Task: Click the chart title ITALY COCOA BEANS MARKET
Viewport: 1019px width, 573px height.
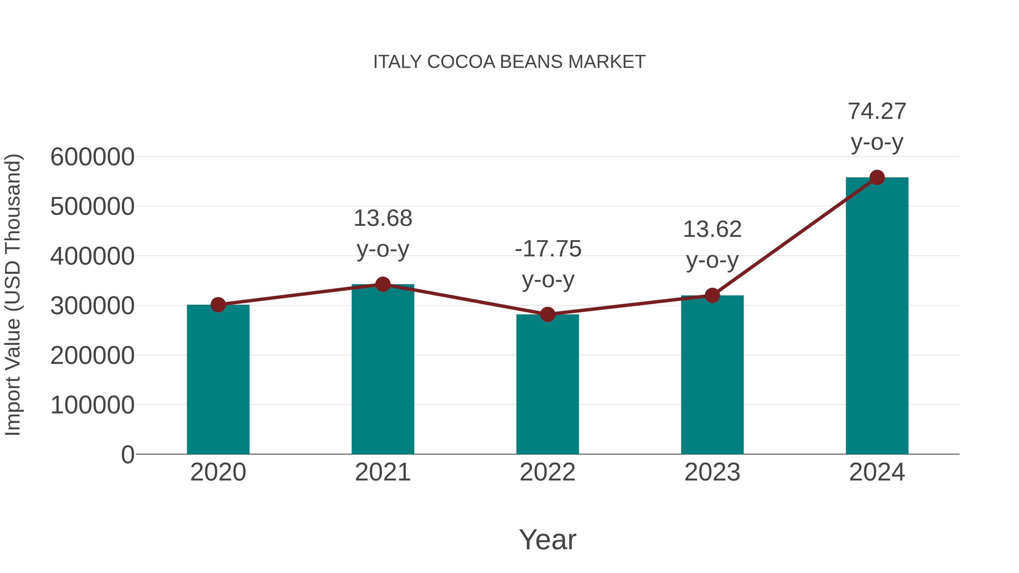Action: tap(509, 62)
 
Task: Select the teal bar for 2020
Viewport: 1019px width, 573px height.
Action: tap(218, 380)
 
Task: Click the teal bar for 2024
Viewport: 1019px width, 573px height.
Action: tap(877, 316)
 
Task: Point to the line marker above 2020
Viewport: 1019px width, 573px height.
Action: tap(218, 305)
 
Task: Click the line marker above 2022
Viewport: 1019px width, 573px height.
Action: tap(547, 314)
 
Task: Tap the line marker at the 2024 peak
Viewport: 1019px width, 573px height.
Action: tap(877, 177)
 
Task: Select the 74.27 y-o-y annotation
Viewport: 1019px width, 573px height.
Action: tap(877, 126)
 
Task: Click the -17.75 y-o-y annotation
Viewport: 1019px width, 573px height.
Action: tap(548, 264)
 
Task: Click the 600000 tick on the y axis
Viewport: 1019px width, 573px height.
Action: tap(92, 157)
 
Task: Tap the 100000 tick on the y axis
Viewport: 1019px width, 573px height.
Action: tap(92, 405)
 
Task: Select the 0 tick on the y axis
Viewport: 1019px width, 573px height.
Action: tap(127, 455)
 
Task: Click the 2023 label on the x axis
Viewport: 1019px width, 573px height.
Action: tap(712, 472)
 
